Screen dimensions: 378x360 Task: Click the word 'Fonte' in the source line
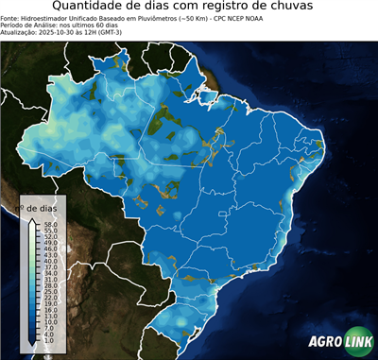(x=10, y=18)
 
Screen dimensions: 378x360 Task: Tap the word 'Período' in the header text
(x=13, y=25)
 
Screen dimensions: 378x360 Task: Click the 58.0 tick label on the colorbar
(x=50, y=224)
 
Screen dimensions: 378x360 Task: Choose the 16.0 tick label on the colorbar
(x=50, y=309)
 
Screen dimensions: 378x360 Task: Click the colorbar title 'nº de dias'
(x=43, y=207)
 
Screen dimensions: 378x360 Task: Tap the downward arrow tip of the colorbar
(x=32, y=341)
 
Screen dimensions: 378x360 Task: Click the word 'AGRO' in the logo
(x=325, y=342)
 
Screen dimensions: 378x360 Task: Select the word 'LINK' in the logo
(x=357, y=342)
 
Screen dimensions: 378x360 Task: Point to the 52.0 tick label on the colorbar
(x=50, y=235)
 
